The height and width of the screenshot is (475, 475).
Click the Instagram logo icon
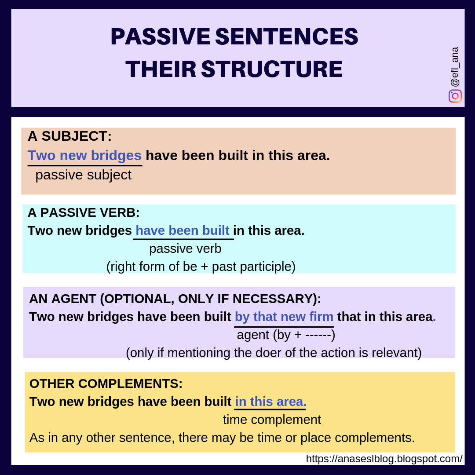coord(455,96)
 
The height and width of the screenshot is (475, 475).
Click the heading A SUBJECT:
coord(69,136)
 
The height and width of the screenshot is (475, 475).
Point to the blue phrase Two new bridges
coord(84,155)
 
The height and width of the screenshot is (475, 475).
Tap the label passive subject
coord(83,175)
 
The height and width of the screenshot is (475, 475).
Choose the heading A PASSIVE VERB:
coord(84,212)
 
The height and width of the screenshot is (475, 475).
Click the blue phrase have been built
coord(182,230)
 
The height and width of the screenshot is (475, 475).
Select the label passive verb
coord(185,248)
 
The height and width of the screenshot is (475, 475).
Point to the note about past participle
coord(201,267)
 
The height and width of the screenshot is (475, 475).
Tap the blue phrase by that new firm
coord(284,316)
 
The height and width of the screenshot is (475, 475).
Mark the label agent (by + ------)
coord(286,335)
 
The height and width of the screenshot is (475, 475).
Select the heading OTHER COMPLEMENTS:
coord(106,384)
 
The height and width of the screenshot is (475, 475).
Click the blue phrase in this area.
coord(270,402)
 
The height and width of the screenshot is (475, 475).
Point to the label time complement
coord(272,420)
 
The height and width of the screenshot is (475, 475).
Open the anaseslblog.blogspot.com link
coord(384,459)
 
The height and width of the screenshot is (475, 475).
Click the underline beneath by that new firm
coord(284,327)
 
